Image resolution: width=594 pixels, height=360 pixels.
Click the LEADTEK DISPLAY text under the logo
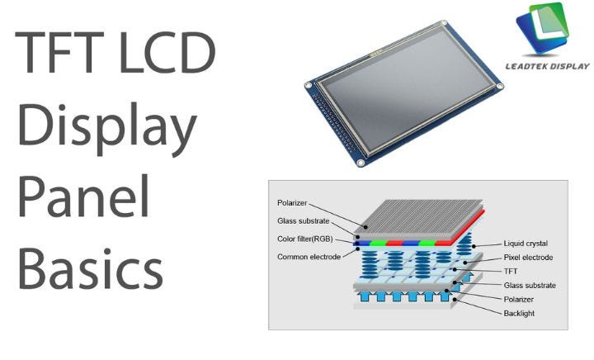(x=547, y=66)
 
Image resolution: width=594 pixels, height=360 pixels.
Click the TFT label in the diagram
(x=511, y=272)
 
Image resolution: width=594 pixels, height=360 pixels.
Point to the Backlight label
(x=519, y=314)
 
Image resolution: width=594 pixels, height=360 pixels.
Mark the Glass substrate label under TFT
(x=529, y=286)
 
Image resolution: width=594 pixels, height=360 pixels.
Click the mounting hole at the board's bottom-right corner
(x=361, y=163)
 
